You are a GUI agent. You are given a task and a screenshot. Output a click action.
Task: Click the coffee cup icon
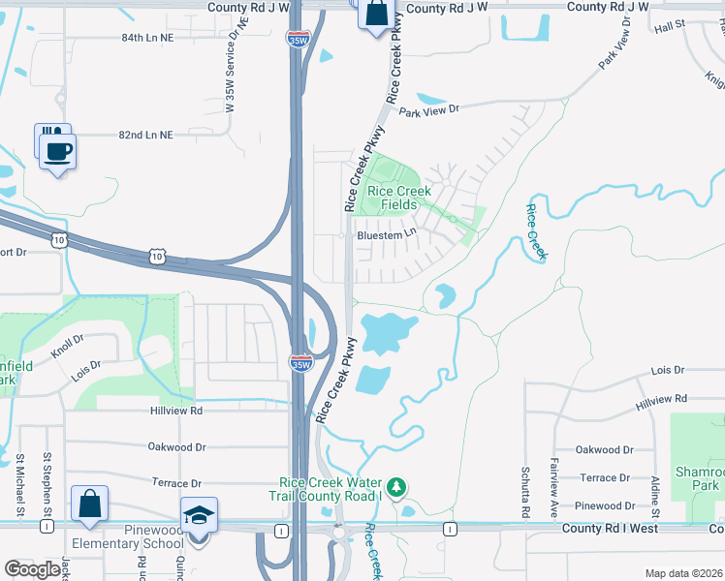(x=59, y=150)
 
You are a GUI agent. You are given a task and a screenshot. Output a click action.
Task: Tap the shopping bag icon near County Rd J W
(x=376, y=15)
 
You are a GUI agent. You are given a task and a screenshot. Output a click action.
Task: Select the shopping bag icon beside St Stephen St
(x=89, y=504)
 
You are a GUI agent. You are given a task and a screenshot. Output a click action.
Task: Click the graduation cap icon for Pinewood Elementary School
(x=200, y=516)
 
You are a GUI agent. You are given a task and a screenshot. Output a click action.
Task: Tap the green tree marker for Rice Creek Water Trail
(x=395, y=486)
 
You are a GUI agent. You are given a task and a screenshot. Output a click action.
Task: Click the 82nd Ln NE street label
(x=145, y=136)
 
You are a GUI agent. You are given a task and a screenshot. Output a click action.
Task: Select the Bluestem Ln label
(x=386, y=233)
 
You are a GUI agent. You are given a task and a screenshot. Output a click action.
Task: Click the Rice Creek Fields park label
(x=392, y=198)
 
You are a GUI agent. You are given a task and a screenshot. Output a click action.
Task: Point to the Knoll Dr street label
(x=69, y=348)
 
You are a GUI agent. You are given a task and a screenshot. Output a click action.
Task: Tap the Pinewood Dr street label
(x=604, y=506)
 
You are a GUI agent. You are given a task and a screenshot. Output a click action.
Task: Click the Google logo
(x=32, y=569)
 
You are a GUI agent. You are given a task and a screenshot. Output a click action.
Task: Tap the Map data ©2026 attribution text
(x=683, y=573)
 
